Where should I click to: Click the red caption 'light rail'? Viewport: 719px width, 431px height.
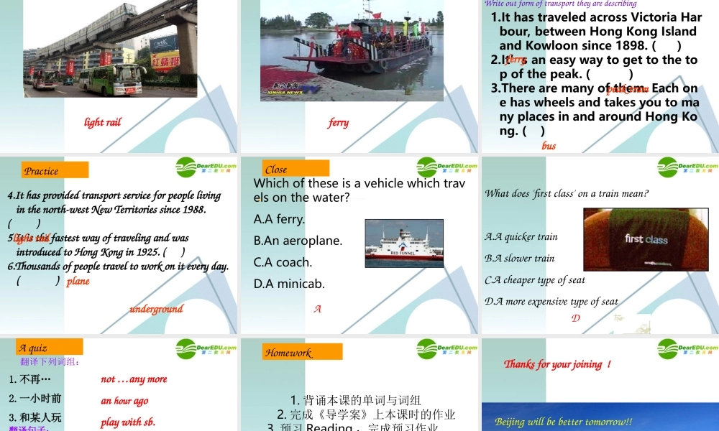tap(102, 122)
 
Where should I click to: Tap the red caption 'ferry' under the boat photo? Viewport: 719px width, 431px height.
tap(338, 122)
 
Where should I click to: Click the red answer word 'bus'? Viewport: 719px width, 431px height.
tap(549, 146)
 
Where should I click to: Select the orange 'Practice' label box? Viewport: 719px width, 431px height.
tap(55, 170)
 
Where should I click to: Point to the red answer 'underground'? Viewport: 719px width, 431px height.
tap(156, 309)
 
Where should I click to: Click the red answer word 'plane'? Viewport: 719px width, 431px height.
tap(78, 281)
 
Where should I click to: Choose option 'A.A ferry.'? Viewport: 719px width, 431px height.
tap(280, 219)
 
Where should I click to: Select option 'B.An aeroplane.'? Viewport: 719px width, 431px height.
tap(298, 241)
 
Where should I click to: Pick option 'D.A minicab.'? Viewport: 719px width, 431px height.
tap(289, 284)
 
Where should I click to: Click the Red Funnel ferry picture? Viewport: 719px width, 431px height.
tap(404, 239)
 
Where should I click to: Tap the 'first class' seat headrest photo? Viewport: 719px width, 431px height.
tap(646, 239)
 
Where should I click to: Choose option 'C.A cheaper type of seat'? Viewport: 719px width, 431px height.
tap(535, 280)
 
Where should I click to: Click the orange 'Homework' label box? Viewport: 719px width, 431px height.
tap(302, 352)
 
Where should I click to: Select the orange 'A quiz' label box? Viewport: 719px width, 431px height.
tap(50, 348)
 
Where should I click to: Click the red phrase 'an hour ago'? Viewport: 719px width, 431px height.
tap(124, 401)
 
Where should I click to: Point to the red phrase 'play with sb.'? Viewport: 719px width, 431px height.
tap(128, 422)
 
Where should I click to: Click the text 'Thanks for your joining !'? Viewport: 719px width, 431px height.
tap(557, 364)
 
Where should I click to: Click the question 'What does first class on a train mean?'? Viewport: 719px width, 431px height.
tap(567, 193)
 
